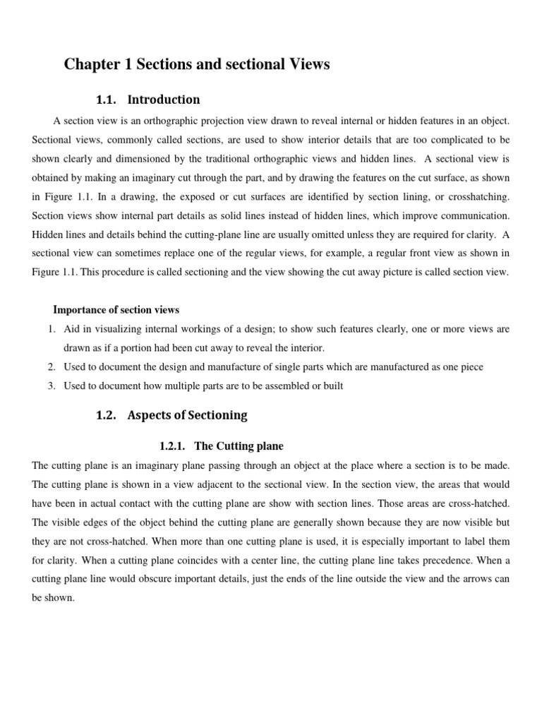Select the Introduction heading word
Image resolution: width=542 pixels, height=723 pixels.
163,100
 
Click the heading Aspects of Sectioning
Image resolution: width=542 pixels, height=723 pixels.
187,415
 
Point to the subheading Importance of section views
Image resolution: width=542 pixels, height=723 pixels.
116,310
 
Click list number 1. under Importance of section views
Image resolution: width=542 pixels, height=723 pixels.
52,329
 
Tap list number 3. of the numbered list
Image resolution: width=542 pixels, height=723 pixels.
52,386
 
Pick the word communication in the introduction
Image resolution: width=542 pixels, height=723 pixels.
477,215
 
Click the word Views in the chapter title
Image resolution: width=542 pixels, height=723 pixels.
307,65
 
